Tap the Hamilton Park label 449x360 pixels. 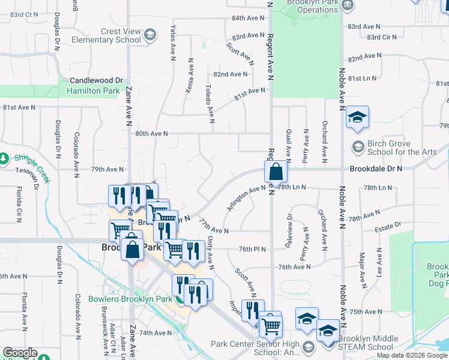point(93,91)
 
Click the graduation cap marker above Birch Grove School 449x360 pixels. point(357,118)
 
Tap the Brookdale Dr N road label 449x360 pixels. point(376,170)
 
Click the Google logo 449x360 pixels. point(20,353)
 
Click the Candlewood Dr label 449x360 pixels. point(96,80)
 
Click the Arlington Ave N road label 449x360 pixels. point(246,197)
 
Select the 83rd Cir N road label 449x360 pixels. point(382,37)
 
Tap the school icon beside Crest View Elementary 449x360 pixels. point(150,35)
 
